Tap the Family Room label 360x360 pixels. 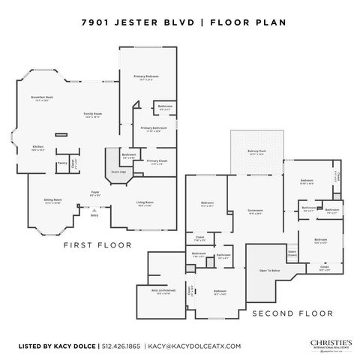pyautogui.click(x=92, y=115)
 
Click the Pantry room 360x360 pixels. pyautogui.click(x=62, y=163)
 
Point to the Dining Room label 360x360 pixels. pyautogui.click(x=52, y=201)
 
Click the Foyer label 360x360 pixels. pyautogui.click(x=95, y=193)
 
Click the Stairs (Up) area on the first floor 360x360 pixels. pyautogui.click(x=118, y=172)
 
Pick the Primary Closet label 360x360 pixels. pyautogui.click(x=156, y=162)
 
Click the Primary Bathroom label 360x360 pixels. pyautogui.click(x=154, y=129)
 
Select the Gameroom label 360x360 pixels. pyautogui.click(x=255, y=211)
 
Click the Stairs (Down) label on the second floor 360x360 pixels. pyautogui.click(x=292, y=253)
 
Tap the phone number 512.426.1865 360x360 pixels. pyautogui.click(x=121, y=346)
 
